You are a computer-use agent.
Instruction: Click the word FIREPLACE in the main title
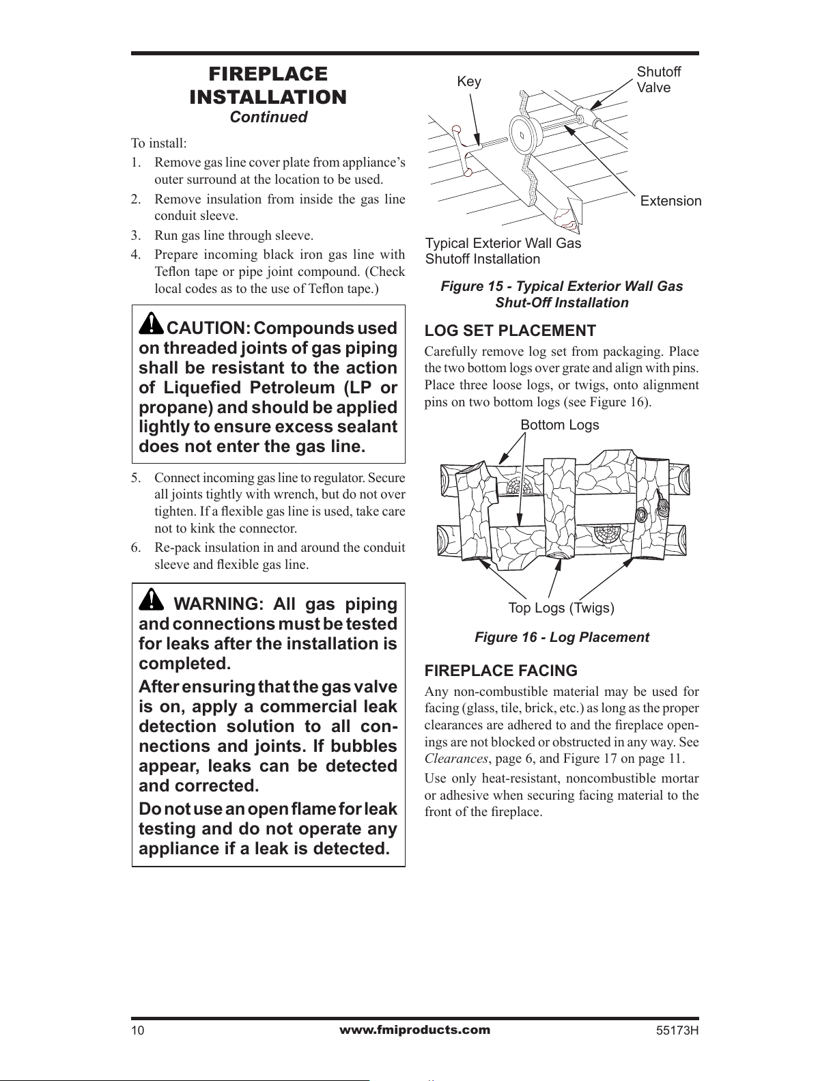tap(268, 74)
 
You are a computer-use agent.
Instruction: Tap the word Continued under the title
tap(268, 117)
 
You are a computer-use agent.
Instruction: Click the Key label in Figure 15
tap(469, 81)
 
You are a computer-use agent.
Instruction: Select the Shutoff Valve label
tap(658, 80)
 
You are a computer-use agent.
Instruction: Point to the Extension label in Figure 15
tap(670, 201)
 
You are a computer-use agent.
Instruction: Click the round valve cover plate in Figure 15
tap(524, 134)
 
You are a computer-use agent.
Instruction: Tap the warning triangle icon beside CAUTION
tap(151, 324)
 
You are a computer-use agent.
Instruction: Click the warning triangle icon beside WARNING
tap(151, 599)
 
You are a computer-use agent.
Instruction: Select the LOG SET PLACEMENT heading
tap(510, 331)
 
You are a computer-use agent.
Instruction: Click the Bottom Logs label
tap(559, 425)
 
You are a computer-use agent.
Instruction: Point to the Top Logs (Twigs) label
tap(561, 608)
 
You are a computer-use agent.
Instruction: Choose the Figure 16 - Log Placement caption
tap(562, 637)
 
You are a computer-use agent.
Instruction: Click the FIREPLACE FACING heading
tap(500, 671)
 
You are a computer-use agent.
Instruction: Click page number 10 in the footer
tap(138, 1030)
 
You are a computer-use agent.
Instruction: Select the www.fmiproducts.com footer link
tap(414, 1030)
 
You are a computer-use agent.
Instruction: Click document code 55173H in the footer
tap(677, 1030)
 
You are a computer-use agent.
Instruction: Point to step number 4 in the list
tap(136, 255)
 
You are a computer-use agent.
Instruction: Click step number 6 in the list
tap(136, 548)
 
